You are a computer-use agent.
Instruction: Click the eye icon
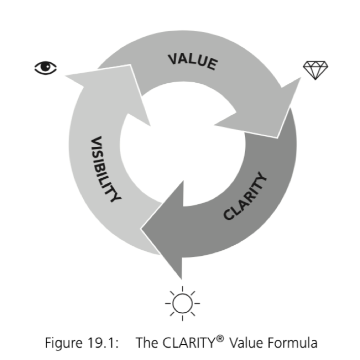[x=46, y=68]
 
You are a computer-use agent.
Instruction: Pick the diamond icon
[x=315, y=70]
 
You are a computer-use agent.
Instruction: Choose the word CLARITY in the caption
[x=185, y=342]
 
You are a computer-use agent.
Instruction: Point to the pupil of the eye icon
[x=46, y=68]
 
